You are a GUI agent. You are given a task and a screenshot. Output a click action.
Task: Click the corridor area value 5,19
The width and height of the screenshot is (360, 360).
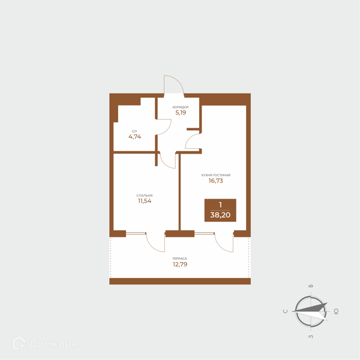181,113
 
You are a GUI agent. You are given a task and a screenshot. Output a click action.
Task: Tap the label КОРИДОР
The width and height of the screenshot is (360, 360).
181,107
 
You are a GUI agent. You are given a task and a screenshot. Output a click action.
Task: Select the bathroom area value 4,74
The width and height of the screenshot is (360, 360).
135,137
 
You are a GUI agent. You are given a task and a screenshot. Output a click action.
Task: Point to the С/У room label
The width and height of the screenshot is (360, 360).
135,131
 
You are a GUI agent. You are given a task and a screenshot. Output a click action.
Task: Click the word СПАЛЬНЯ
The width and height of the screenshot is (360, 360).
145,196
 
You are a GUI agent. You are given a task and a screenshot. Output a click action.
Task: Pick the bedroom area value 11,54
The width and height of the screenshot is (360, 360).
145,201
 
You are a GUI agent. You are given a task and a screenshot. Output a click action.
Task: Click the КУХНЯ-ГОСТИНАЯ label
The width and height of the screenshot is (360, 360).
216,175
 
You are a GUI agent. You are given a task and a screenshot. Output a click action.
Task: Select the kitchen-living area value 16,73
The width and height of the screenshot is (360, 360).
216,181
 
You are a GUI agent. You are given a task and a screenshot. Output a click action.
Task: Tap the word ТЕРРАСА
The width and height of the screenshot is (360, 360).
180,259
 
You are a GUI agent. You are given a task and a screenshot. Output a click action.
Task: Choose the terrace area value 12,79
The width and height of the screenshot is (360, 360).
180,264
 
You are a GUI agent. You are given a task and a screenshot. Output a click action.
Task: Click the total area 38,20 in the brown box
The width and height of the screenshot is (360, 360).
220,215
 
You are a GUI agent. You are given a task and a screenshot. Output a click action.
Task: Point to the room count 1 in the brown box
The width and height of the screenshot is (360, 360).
220,205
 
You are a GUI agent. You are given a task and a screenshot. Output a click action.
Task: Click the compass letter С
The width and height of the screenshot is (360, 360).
286,311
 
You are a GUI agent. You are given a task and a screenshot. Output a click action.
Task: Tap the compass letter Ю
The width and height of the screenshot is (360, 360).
336,311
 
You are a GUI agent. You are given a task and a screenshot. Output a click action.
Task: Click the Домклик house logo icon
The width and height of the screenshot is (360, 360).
19,343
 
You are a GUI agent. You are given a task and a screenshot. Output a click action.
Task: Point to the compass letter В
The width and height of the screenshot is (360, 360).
311,286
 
